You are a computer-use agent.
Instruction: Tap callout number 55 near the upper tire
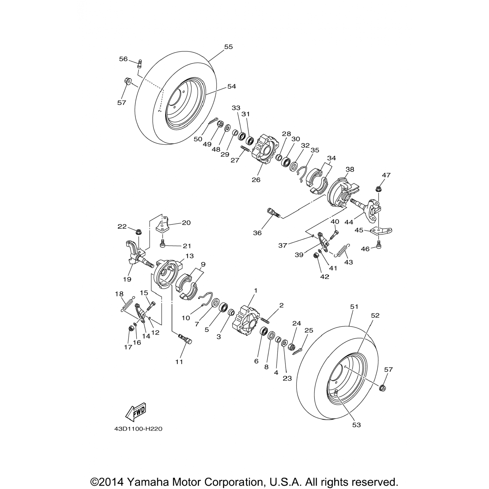point(229,47)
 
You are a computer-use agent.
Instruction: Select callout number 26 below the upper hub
point(256,180)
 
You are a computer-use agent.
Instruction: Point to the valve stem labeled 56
point(140,63)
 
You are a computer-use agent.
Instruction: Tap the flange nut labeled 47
point(379,188)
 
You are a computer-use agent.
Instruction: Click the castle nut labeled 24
point(292,346)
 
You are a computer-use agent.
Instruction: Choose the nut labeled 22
point(138,232)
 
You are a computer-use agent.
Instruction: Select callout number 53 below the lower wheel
point(357,425)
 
